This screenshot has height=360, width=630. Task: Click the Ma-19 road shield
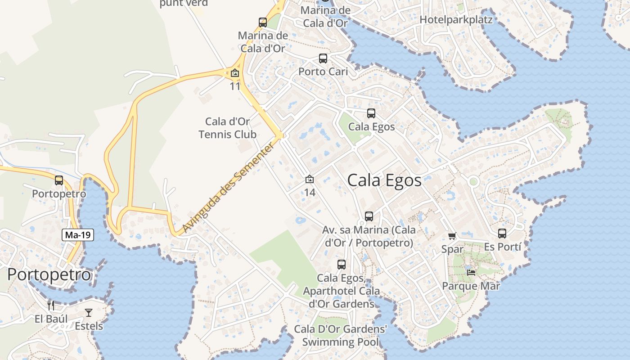click(x=78, y=234)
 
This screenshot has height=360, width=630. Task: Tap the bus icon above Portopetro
click(x=59, y=180)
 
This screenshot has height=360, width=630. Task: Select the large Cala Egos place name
click(x=384, y=180)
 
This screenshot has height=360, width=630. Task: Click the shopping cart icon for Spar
click(x=452, y=236)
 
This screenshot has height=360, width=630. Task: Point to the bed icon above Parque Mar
click(x=471, y=272)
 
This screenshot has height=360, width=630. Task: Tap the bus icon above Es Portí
click(x=502, y=234)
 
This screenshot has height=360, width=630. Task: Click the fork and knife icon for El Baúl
click(x=51, y=306)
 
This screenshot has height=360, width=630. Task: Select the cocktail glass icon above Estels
click(x=89, y=312)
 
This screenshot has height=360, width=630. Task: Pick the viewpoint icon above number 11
click(x=235, y=73)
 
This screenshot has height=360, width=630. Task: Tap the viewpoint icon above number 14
click(x=310, y=180)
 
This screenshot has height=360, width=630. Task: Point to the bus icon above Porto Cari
click(x=323, y=58)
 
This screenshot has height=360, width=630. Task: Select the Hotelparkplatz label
click(x=456, y=20)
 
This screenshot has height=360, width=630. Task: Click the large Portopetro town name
click(x=49, y=274)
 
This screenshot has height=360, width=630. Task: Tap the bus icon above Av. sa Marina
click(x=369, y=216)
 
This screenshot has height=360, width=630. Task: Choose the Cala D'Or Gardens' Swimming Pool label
click(x=340, y=335)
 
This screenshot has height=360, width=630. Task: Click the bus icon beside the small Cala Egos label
click(x=371, y=113)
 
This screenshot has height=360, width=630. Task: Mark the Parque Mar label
click(x=471, y=286)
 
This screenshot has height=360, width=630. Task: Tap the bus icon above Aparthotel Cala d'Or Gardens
click(x=342, y=265)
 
